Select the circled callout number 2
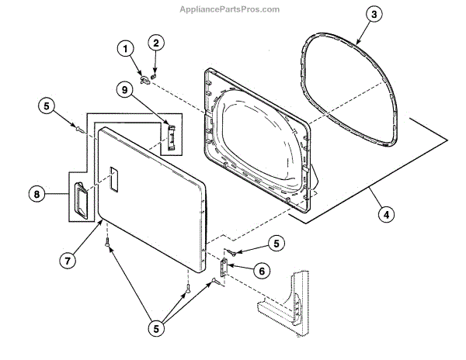156,42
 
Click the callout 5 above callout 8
48,106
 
